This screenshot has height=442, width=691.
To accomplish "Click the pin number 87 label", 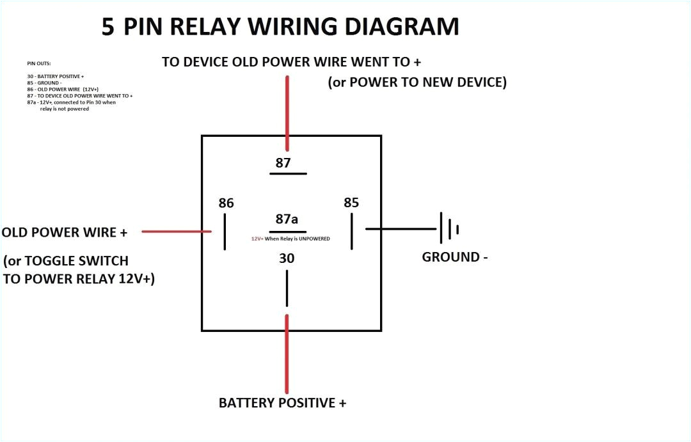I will (283, 163).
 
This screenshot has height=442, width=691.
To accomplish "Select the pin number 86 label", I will (226, 203).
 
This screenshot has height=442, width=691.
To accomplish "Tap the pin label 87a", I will (286, 219).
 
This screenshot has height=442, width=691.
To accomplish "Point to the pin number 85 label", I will (351, 203).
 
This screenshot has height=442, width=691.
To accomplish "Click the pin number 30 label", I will (286, 259).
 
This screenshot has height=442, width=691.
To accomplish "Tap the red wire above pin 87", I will (287, 112).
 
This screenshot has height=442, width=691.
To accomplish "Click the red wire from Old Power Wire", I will (176, 232).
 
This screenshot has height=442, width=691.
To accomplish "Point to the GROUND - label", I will (455, 257).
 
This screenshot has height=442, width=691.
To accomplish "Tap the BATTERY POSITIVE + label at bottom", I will (282, 403).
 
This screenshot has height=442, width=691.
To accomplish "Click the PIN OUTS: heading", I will (39, 64).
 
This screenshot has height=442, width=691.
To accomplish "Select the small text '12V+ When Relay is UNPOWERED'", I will (290, 238).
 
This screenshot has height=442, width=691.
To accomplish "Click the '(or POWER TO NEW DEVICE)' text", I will (417, 83).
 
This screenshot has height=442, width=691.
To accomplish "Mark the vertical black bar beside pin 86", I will (225, 232).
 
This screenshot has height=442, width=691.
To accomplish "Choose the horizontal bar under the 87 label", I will (287, 173).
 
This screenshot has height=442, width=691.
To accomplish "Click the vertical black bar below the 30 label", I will (287, 288).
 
